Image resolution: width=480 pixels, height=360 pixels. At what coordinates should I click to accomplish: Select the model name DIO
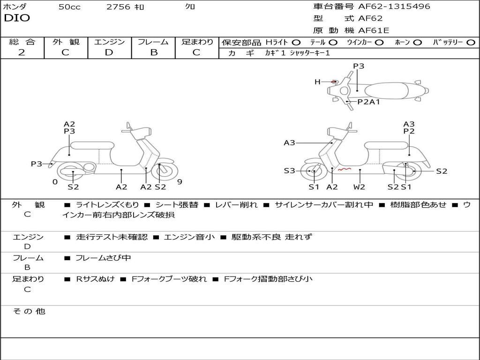tap(17, 18)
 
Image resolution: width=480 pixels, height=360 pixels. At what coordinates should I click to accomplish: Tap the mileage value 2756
tap(118, 7)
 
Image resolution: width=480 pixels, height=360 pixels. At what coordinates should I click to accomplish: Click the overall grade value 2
tap(22, 52)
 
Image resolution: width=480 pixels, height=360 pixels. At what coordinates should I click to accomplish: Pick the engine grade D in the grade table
tap(109, 52)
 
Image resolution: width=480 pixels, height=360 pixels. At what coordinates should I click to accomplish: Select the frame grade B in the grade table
tap(154, 52)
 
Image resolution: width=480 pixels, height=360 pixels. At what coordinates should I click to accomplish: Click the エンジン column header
tap(109, 42)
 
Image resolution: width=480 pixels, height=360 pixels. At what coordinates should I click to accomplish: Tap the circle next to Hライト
tap(296, 42)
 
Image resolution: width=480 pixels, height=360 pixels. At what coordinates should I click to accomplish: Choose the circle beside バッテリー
tap(471, 42)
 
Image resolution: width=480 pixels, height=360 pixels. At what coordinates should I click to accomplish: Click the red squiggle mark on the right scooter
tap(345, 169)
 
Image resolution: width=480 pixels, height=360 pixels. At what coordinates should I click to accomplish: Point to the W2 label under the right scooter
tap(359, 187)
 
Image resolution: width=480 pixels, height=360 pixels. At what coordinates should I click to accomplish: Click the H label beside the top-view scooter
tap(317, 82)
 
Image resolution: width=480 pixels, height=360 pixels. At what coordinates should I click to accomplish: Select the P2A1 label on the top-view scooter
tap(368, 102)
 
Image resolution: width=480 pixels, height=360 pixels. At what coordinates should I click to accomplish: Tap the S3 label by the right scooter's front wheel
tap(289, 171)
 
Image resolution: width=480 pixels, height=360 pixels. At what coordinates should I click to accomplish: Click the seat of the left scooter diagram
tap(92, 145)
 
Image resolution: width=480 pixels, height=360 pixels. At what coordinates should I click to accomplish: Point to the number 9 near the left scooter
tap(180, 182)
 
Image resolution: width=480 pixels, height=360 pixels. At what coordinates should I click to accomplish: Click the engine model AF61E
tap(374, 30)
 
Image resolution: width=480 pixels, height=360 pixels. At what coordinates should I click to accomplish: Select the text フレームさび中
tap(103, 258)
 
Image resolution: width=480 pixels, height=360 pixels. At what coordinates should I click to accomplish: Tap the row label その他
tap(29, 311)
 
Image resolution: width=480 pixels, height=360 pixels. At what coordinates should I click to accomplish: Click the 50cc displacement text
tap(69, 7)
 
